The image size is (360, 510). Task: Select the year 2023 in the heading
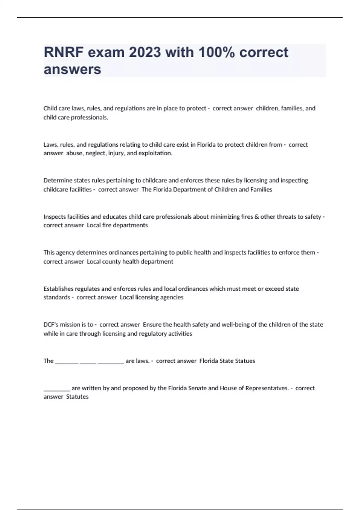(145, 52)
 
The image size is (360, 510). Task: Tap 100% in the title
(216, 52)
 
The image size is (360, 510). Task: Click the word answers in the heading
(72, 69)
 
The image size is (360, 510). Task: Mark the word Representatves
(267, 388)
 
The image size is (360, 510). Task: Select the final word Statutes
(77, 397)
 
